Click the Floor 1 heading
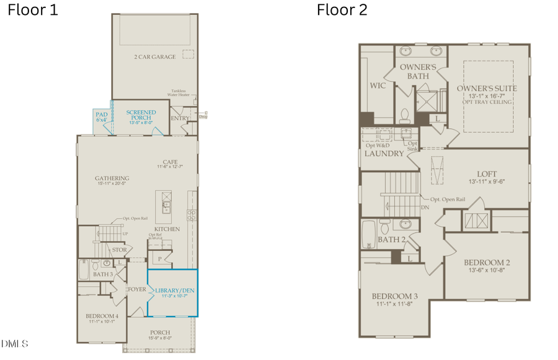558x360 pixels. pos(33,10)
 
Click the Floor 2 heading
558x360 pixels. pos(342,10)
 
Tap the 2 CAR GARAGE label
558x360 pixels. pos(155,57)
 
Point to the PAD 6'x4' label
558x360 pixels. pos(102,117)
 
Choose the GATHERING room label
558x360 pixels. pos(112,178)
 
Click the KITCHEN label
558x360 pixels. pos(167,229)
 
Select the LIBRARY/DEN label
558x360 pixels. pos(172,291)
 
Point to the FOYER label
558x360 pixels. pos(136,289)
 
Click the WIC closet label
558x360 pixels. pos(378,86)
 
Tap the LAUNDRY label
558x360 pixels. pos(384,153)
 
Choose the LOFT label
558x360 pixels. pos(486,174)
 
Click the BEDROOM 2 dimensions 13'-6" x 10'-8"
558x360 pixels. pos(487,271)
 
